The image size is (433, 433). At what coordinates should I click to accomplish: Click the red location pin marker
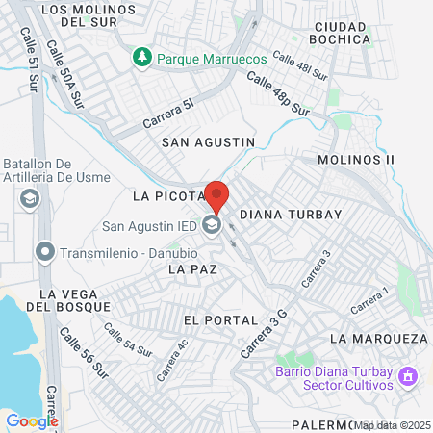[x=216, y=196]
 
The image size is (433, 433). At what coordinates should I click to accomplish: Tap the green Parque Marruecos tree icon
[x=142, y=58]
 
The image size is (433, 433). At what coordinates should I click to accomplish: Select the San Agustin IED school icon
[x=213, y=226]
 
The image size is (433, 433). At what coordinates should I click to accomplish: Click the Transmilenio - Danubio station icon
[x=44, y=252]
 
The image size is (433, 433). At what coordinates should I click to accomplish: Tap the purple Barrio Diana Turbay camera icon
[x=408, y=375]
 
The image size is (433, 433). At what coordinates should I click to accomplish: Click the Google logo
[x=32, y=420]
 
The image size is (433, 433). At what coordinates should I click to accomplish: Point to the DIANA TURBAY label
[x=290, y=214]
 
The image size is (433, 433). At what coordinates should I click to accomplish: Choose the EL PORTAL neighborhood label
[x=219, y=319]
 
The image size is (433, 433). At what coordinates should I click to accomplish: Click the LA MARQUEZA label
[x=378, y=339]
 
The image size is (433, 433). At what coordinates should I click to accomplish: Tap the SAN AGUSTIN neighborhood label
[x=208, y=141]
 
